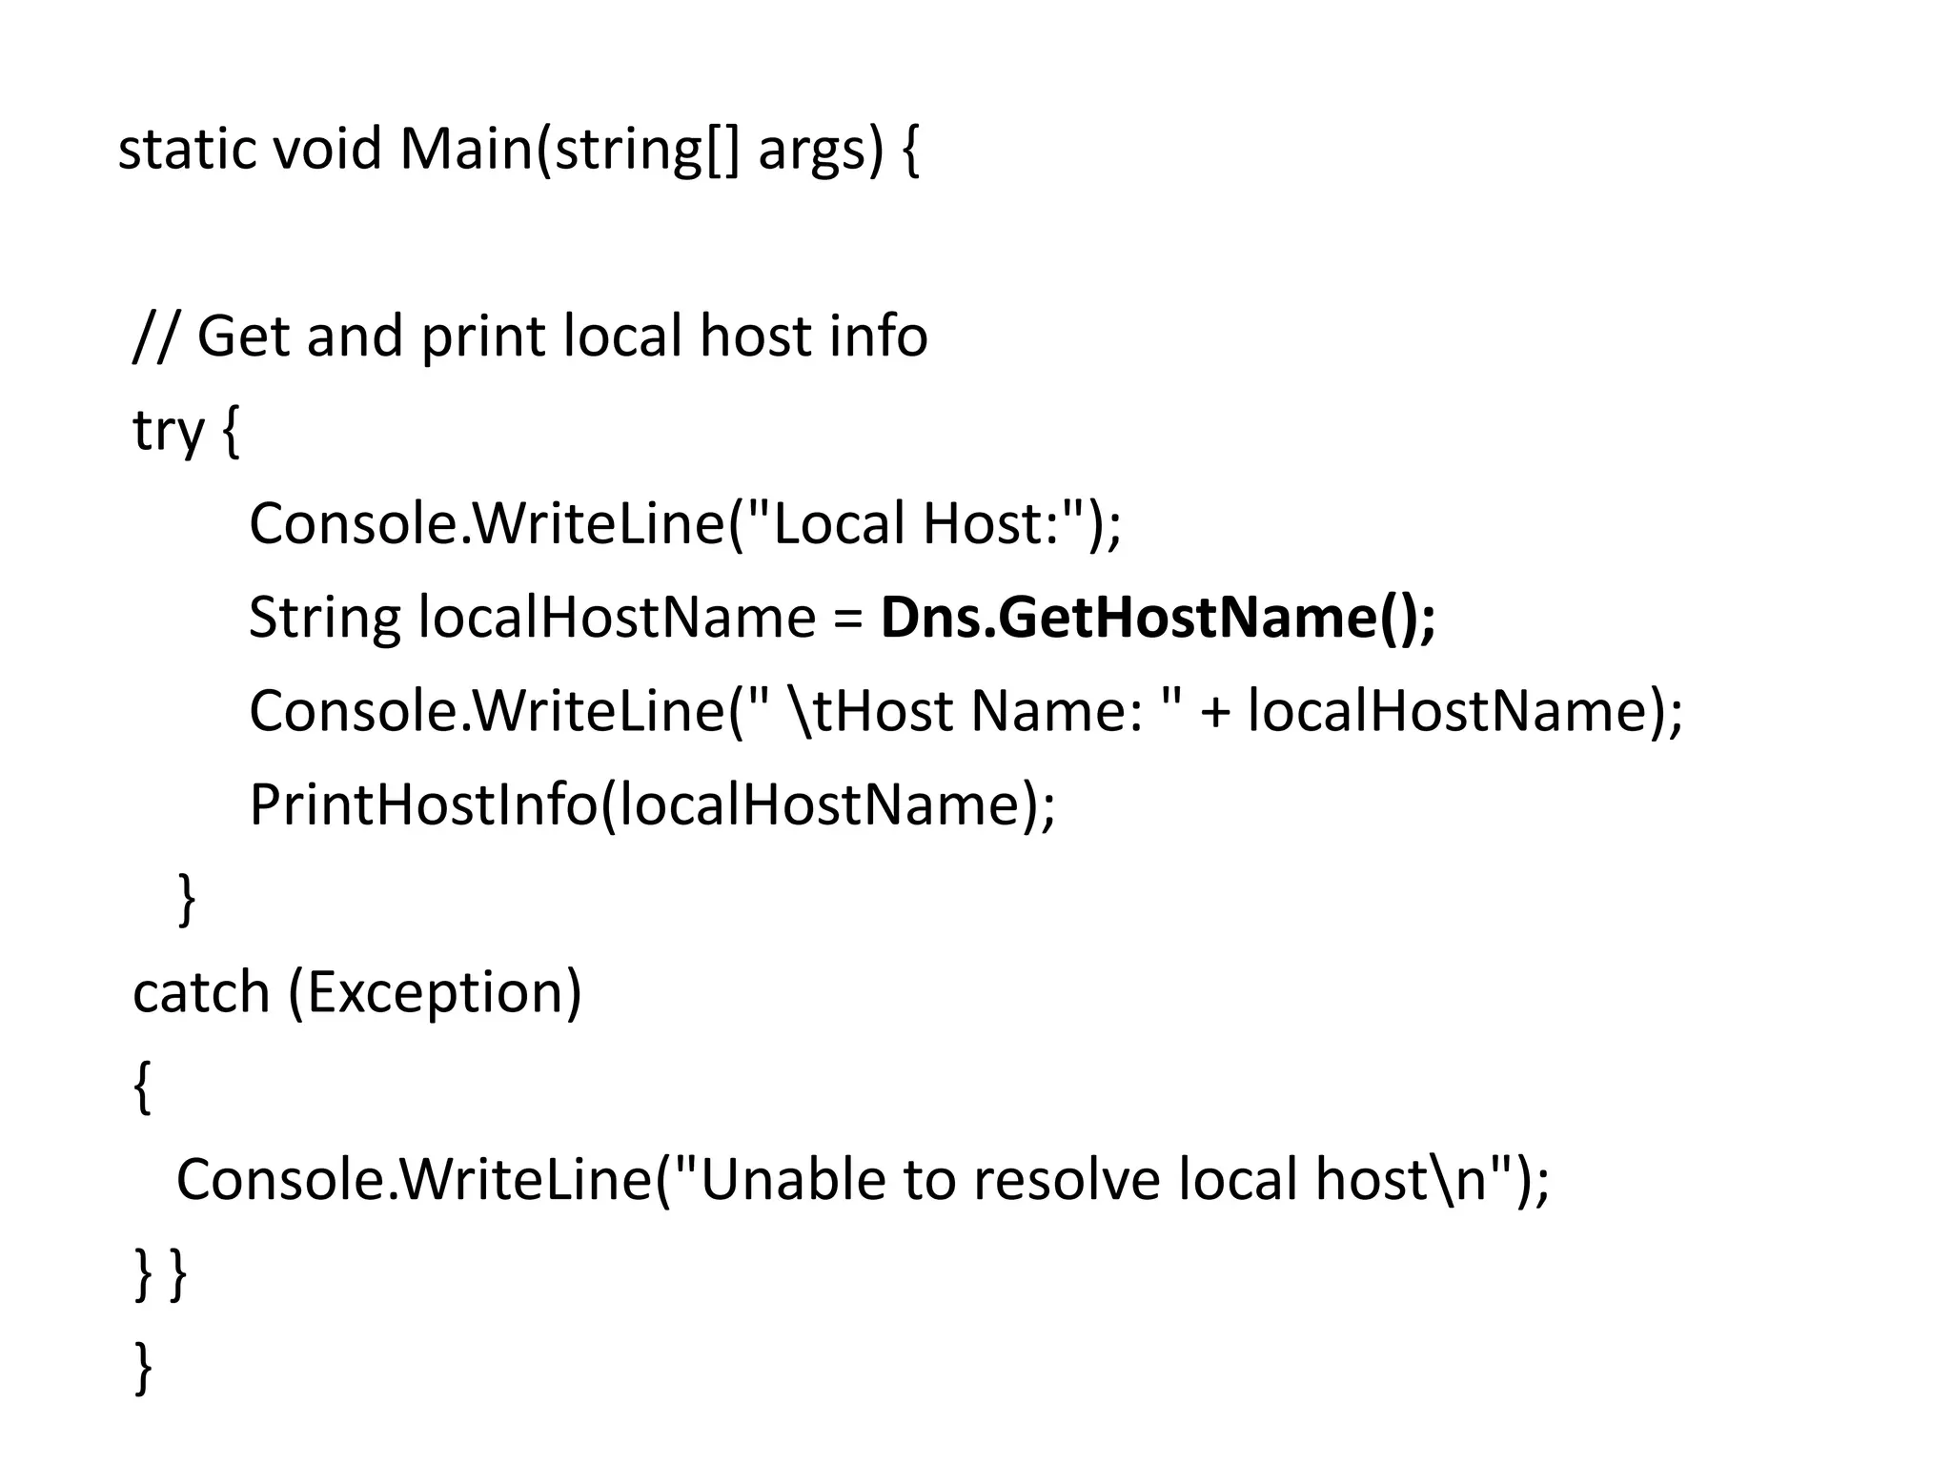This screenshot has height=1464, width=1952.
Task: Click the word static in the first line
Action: tap(187, 150)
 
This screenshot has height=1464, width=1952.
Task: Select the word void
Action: tap(327, 150)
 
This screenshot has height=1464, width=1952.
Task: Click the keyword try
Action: tap(168, 431)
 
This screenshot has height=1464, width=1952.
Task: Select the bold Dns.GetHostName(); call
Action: tap(1157, 618)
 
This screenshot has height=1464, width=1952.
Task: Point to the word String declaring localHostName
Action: tap(324, 618)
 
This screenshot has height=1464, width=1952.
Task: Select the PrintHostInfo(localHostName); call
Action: tap(652, 804)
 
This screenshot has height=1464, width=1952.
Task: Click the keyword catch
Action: tap(201, 992)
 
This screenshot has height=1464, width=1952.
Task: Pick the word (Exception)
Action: tap(435, 993)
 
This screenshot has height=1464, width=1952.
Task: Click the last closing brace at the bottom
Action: tap(143, 1367)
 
